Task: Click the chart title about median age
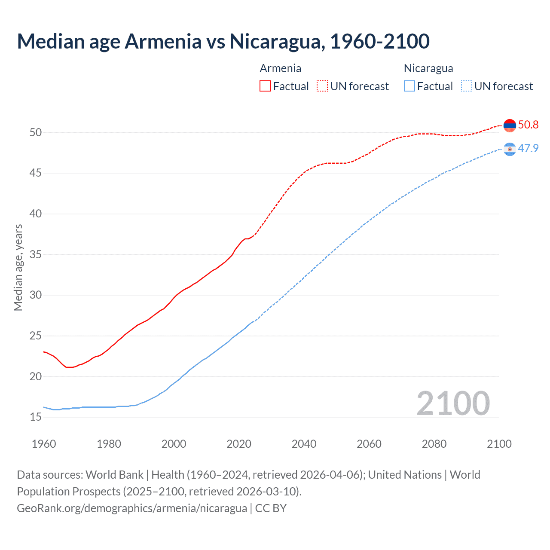(223, 41)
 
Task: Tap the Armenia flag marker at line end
(510, 125)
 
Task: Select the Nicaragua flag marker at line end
(510, 149)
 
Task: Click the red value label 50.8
(528, 125)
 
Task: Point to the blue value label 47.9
(528, 149)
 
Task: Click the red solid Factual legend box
(265, 86)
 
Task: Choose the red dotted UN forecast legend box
(322, 86)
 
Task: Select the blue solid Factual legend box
(409, 86)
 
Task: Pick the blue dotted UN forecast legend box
(466, 86)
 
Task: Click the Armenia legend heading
(280, 68)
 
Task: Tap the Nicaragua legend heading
(428, 68)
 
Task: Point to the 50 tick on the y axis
(36, 133)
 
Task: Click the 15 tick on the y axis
(36, 417)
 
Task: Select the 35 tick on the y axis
(36, 255)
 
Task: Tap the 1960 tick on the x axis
(44, 444)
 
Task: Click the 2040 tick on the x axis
(304, 444)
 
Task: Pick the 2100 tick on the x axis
(499, 444)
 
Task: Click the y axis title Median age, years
(18, 267)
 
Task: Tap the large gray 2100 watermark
(453, 403)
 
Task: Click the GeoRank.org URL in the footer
(132, 508)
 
